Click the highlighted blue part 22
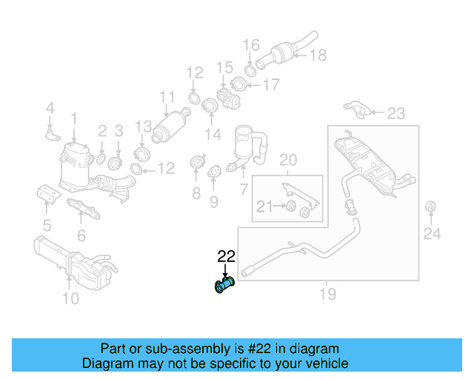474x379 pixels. point(224,284)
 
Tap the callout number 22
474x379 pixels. point(226,257)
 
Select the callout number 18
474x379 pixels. point(317,55)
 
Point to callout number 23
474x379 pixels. point(396,113)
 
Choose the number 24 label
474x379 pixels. point(432,234)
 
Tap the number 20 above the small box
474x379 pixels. point(287,160)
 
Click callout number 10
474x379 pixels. point(70,298)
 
